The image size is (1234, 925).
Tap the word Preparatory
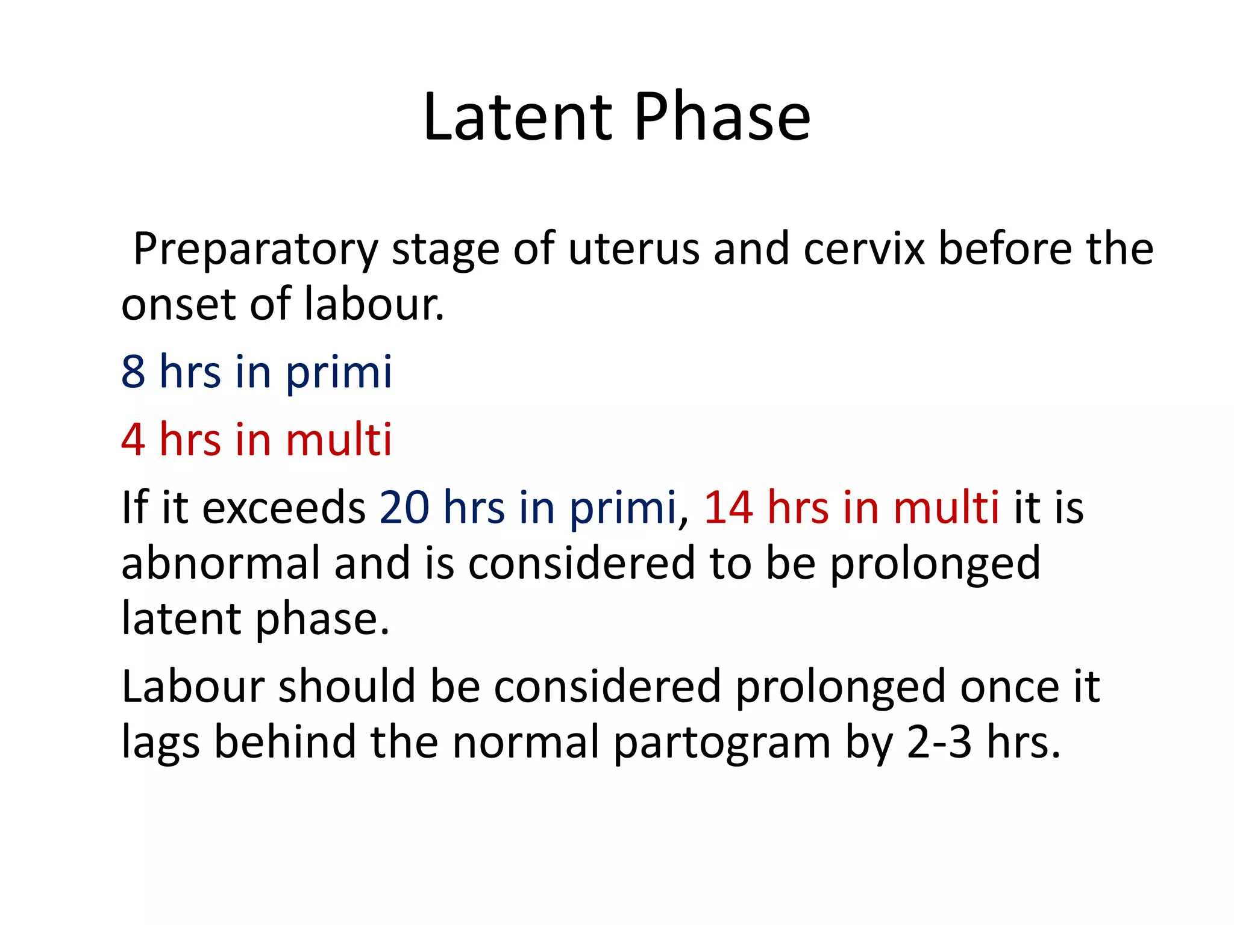[x=255, y=249]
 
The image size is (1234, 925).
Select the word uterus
[x=633, y=249]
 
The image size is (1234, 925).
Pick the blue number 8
[x=133, y=372]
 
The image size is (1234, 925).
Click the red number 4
[x=133, y=440]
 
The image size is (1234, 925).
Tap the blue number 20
[x=404, y=508]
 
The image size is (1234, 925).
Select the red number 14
[x=728, y=508]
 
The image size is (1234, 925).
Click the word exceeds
[x=284, y=508]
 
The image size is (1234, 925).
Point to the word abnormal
[x=221, y=563]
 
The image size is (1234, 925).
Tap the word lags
[x=160, y=743]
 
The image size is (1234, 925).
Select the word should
[x=346, y=687]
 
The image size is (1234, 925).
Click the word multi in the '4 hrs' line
[x=338, y=440]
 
